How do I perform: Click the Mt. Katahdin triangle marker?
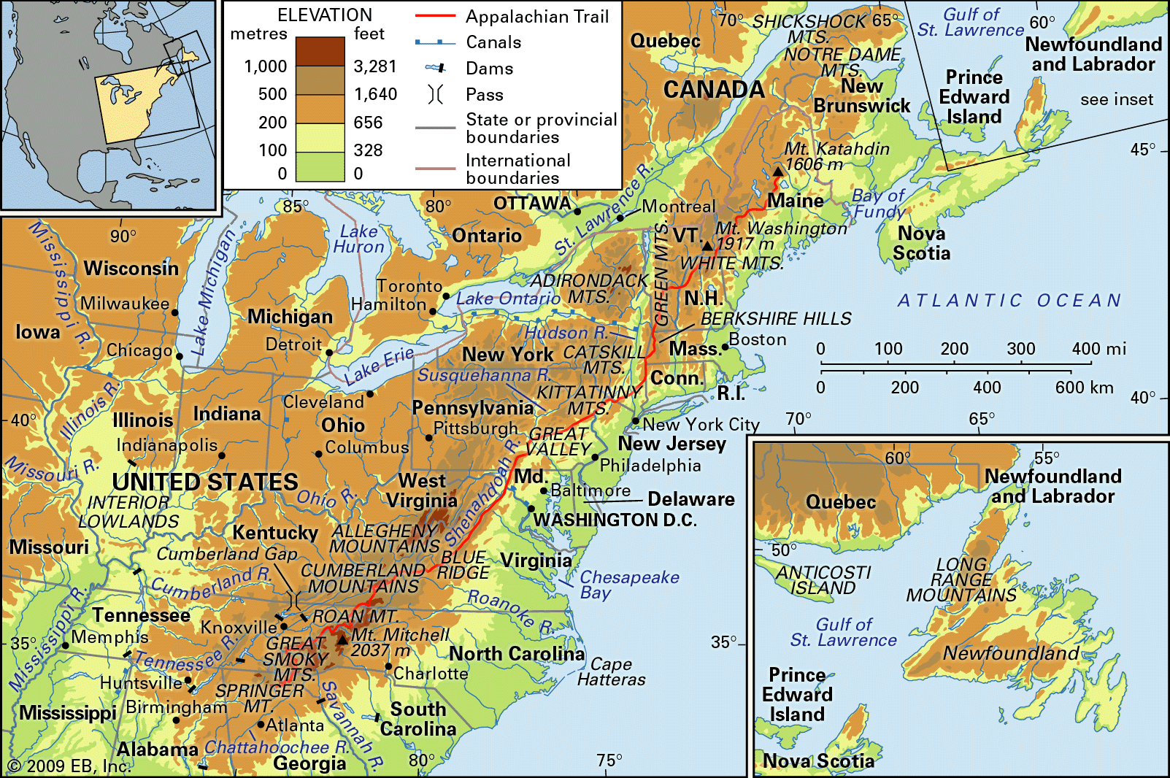(x=778, y=172)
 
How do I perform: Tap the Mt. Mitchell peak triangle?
(x=342, y=640)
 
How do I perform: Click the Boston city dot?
(x=725, y=346)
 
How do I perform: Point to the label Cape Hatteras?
(x=611, y=671)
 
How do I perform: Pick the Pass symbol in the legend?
(x=435, y=95)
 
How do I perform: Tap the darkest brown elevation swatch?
(x=320, y=52)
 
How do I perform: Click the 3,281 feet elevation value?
(x=374, y=66)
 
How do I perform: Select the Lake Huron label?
(x=358, y=239)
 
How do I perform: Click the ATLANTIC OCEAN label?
(x=1009, y=301)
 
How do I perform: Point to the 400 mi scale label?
(x=1098, y=349)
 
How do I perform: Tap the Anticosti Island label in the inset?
(x=823, y=580)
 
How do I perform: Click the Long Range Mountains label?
(x=961, y=580)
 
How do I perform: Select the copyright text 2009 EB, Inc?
(x=69, y=766)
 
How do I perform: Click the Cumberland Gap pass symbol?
(x=295, y=600)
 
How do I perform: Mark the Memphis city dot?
(x=65, y=645)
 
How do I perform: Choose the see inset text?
(x=1116, y=99)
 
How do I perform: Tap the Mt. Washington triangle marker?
(x=707, y=246)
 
